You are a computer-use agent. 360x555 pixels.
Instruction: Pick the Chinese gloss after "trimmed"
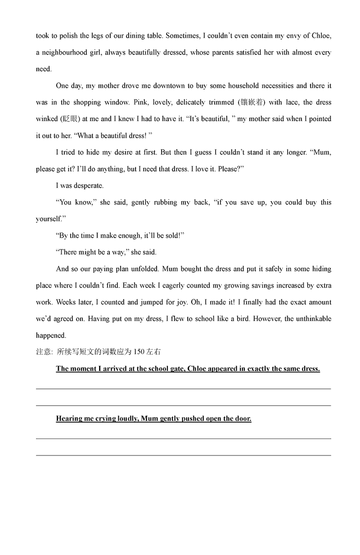click(x=252, y=102)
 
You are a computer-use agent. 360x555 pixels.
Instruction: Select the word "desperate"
click(x=86, y=185)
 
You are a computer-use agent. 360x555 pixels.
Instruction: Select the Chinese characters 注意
click(x=44, y=352)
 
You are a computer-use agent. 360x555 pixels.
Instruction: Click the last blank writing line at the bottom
click(x=183, y=455)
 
